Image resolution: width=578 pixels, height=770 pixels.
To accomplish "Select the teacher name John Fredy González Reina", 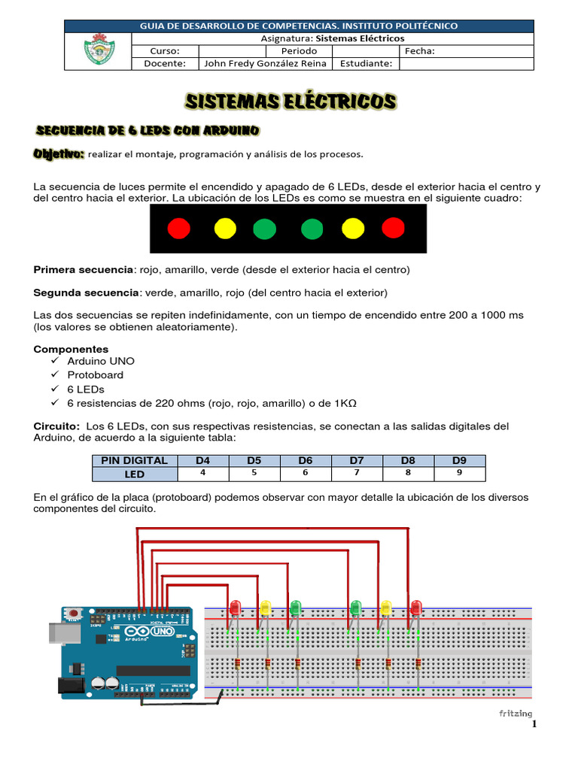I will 265,63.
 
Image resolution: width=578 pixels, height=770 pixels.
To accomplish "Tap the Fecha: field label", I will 420,51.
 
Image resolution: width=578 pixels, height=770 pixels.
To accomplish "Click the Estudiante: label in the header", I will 366,63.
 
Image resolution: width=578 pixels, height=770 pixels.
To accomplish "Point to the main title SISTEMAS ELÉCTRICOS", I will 291,102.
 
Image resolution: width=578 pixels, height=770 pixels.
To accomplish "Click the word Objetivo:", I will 59,154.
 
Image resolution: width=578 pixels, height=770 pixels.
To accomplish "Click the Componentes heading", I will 71,349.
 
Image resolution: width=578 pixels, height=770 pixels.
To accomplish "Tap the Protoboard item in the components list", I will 95,374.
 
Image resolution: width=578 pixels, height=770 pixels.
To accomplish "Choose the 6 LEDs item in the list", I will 86,389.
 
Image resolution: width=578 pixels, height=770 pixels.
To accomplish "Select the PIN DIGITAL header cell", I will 135,460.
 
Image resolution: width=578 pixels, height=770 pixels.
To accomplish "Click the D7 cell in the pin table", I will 357,460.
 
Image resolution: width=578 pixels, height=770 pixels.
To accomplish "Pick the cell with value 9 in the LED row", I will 459,474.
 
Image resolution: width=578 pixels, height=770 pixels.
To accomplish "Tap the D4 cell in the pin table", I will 202,460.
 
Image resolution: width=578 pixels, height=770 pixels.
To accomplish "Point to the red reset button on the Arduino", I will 74,614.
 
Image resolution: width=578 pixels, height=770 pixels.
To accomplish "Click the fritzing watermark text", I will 516,713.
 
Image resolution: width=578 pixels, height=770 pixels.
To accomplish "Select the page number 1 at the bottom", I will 534,725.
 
